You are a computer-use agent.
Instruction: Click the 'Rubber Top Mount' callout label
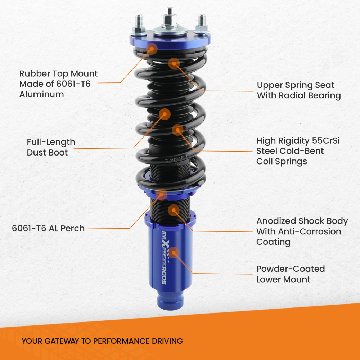click(58, 84)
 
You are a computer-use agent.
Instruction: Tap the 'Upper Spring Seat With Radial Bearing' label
click(298, 90)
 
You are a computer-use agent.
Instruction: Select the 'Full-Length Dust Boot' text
click(51, 147)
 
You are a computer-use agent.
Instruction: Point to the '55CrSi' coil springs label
click(298, 151)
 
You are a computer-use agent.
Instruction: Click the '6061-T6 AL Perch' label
click(48, 228)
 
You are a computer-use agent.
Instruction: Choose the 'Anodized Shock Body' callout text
click(302, 231)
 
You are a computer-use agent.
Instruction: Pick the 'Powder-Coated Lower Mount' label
click(290, 274)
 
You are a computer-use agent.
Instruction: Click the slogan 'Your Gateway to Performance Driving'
click(102, 341)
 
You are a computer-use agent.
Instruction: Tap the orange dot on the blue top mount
click(152, 48)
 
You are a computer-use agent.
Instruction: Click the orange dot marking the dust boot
click(165, 114)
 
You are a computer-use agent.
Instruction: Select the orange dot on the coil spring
click(177, 130)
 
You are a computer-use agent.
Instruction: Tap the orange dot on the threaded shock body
click(174, 210)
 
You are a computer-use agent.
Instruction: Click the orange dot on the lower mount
click(175, 252)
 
